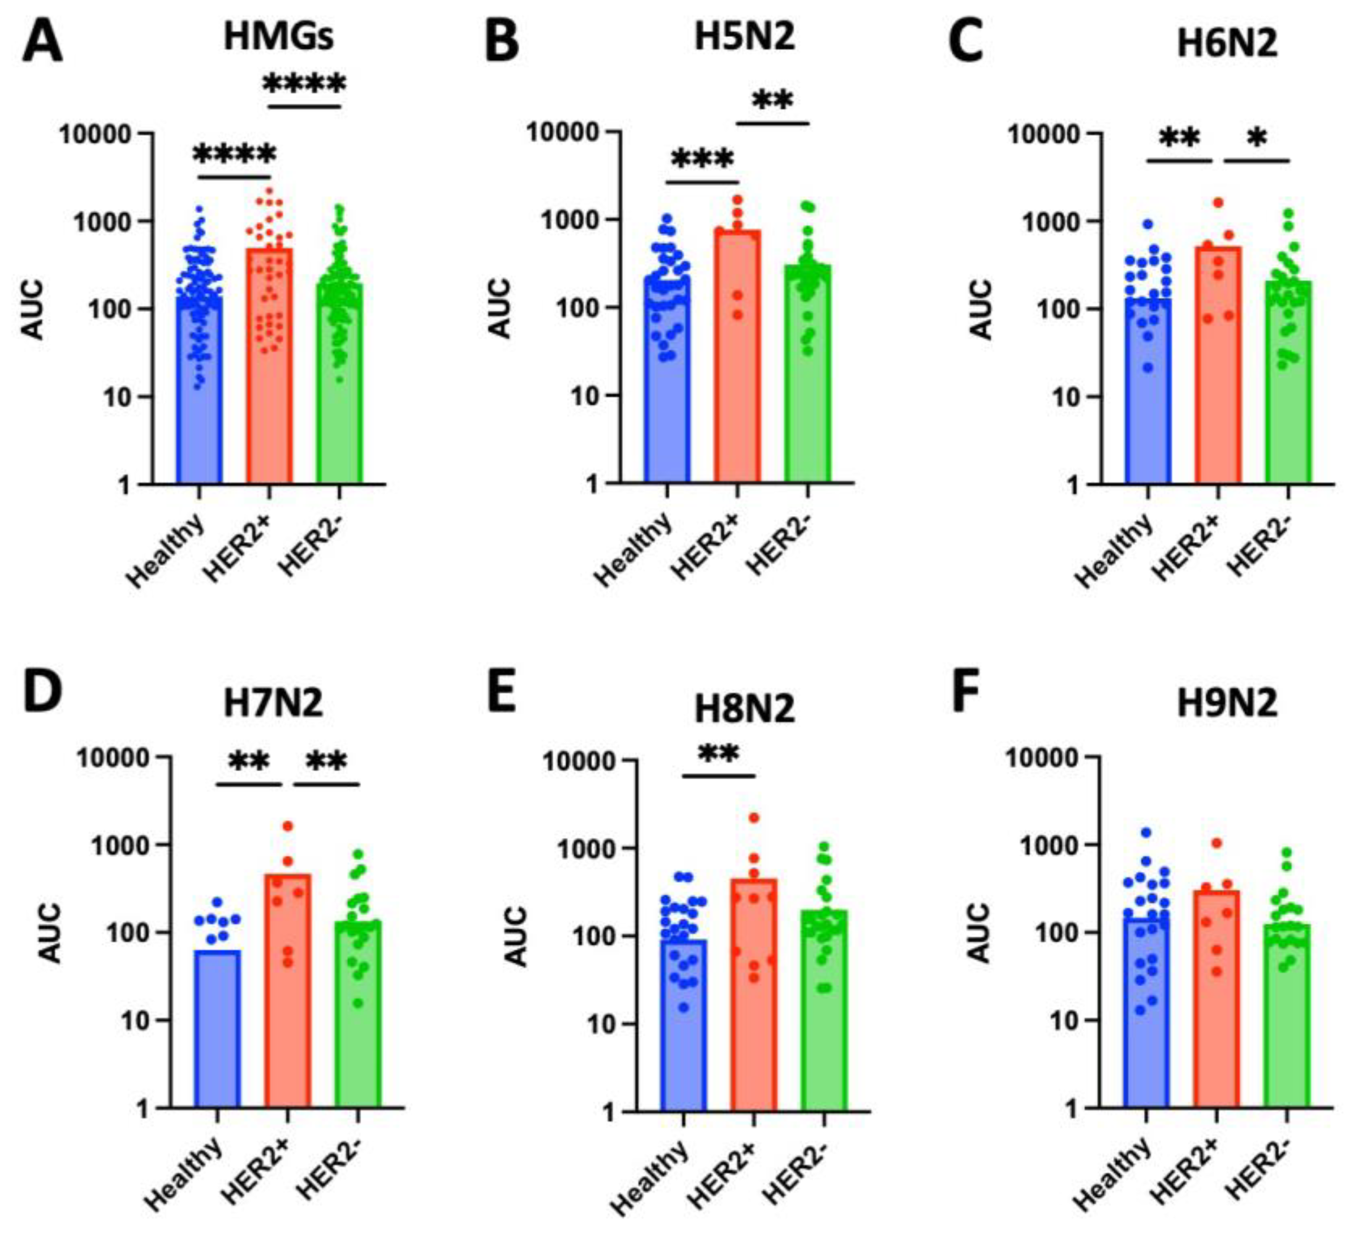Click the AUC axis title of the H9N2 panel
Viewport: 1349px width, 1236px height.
[980, 933]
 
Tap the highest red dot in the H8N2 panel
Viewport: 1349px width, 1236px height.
[754, 818]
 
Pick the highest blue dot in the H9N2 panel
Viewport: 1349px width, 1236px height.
[1146, 832]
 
